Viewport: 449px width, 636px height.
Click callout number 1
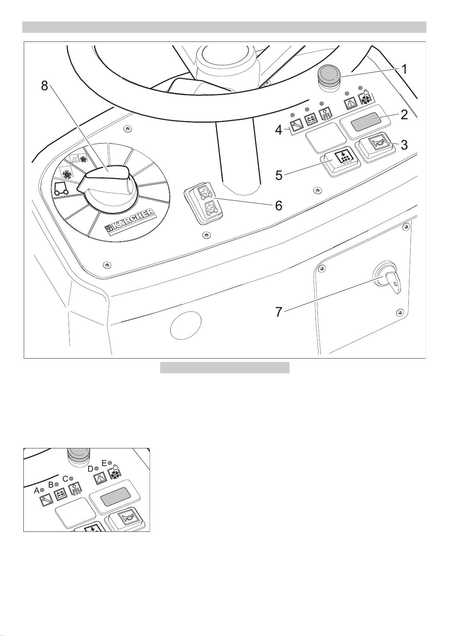[404, 69]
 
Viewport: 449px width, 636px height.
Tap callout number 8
[44, 86]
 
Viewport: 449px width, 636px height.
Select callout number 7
[279, 312]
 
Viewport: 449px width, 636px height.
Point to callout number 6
[279, 206]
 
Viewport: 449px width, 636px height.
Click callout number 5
[279, 176]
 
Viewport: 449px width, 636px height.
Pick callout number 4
[279, 131]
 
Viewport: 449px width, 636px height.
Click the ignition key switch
[388, 281]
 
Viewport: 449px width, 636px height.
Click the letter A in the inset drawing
[37, 490]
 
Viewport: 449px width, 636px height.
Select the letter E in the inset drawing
[104, 463]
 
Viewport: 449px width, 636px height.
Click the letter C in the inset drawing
[65, 479]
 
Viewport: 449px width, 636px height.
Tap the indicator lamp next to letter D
[96, 468]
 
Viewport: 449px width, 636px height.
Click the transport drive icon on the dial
[61, 188]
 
